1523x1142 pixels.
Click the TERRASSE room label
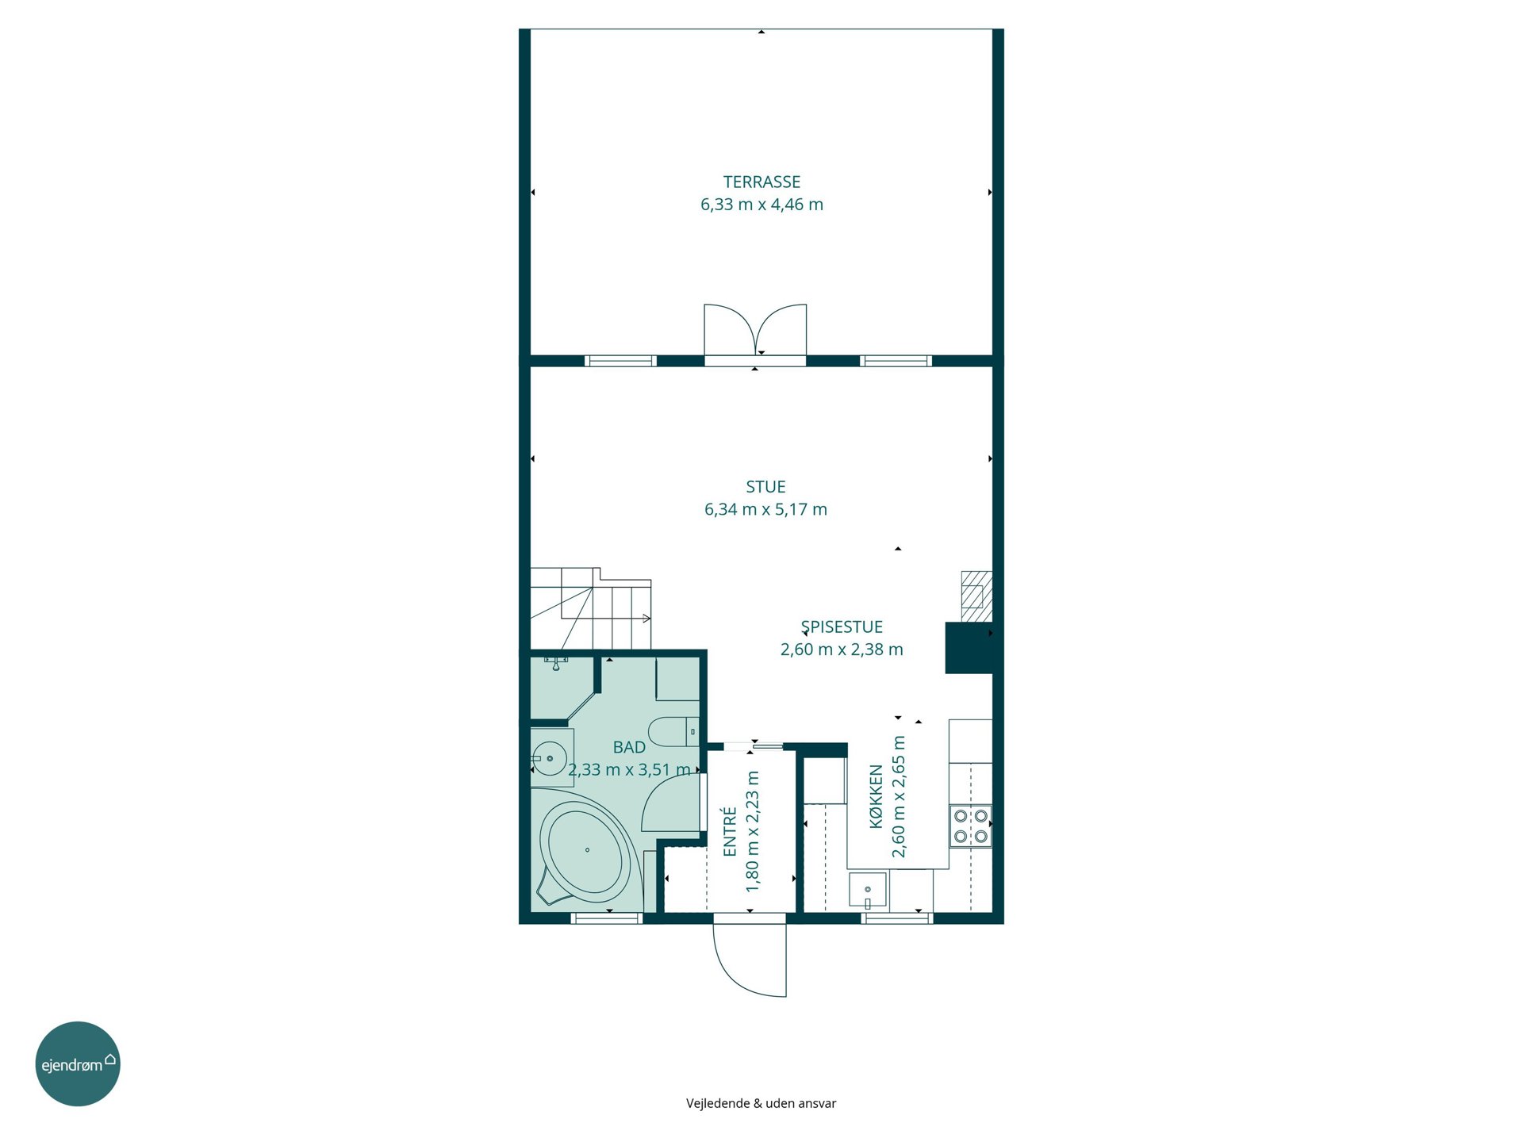pyautogui.click(x=761, y=182)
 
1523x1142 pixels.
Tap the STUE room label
pyautogui.click(x=765, y=487)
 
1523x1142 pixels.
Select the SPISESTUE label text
pyautogui.click(x=842, y=627)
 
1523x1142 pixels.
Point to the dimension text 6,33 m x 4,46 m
pyautogui.click(x=761, y=205)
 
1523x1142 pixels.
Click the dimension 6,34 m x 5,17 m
pyautogui.click(x=765, y=509)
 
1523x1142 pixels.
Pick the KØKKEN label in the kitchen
pyautogui.click(x=876, y=796)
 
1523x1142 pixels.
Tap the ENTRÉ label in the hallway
pyautogui.click(x=730, y=831)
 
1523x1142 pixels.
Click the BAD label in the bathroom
pyautogui.click(x=629, y=747)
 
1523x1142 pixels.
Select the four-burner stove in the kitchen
pyautogui.click(x=971, y=826)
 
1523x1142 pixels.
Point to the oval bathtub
pyautogui.click(x=586, y=851)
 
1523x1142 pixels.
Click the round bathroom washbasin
pyautogui.click(x=549, y=758)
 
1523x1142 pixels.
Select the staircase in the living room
pyautogui.click(x=591, y=608)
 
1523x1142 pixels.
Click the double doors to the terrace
pyautogui.click(x=755, y=331)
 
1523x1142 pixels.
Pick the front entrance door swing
pyautogui.click(x=750, y=960)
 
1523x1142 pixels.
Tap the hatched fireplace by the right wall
pyautogui.click(x=976, y=596)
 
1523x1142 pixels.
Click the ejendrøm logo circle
pyautogui.click(x=78, y=1063)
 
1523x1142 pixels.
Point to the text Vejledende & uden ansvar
pyautogui.click(x=761, y=1103)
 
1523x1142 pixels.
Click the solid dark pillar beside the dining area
pyautogui.click(x=969, y=648)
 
